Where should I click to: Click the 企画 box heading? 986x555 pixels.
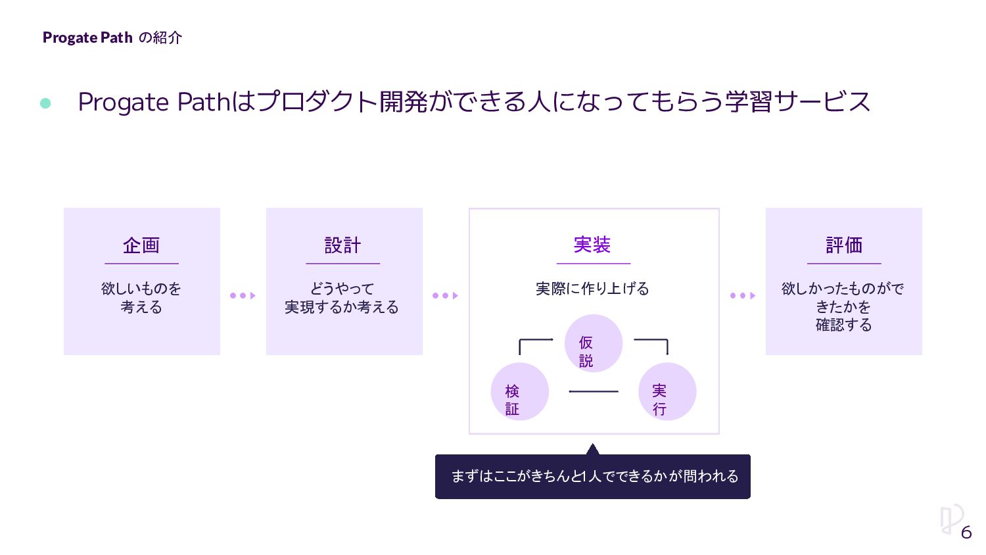(141, 245)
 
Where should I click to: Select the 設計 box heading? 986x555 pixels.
(342, 245)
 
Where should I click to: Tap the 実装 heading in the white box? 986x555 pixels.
(592, 245)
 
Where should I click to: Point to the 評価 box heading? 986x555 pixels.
(844, 245)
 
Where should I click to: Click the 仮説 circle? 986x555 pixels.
(593, 343)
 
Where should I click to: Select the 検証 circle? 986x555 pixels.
(519, 391)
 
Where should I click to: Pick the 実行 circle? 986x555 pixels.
(667, 391)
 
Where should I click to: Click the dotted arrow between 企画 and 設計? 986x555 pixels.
(243, 296)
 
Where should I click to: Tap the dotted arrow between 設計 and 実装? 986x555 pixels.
(445, 296)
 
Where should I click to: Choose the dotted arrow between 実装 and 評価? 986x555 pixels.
(743, 296)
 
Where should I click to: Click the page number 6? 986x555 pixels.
(966, 532)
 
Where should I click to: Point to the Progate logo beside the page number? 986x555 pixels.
(950, 519)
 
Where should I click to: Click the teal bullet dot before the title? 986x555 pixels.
(45, 103)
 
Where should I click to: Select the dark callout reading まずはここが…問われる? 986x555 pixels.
(593, 476)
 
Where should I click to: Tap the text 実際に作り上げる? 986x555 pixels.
(592, 289)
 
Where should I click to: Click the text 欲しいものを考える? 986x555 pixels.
(141, 297)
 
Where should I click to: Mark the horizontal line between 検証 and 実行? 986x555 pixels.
(593, 391)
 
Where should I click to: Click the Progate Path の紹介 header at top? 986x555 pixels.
(112, 37)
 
